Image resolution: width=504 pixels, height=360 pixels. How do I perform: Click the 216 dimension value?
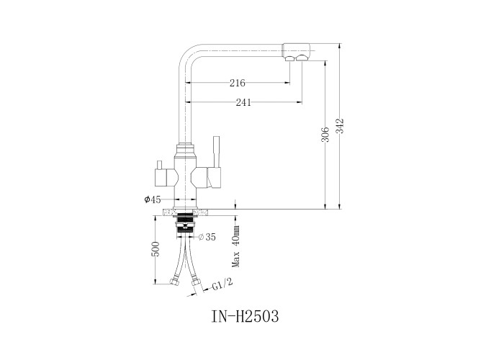click(237, 83)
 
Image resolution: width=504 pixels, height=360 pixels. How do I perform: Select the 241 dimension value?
click(243, 102)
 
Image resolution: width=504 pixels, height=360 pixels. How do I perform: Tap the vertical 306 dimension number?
click(325, 135)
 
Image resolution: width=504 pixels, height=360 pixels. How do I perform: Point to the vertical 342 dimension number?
click(340, 126)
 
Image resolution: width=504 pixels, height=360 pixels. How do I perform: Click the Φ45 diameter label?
click(153, 199)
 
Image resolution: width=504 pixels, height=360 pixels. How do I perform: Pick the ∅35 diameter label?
click(207, 237)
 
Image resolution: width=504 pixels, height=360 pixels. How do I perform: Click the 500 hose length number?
click(156, 249)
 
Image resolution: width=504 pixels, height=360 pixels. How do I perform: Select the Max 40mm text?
click(237, 246)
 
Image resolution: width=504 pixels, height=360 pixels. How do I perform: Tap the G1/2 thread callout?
click(222, 284)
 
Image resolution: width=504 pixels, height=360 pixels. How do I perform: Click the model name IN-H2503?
click(245, 316)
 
